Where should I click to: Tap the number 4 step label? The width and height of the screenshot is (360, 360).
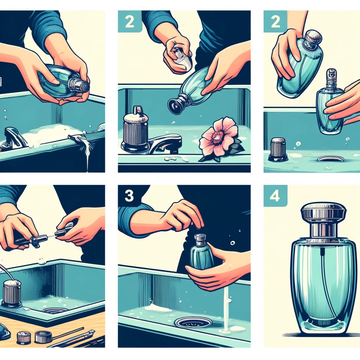tap(275, 196)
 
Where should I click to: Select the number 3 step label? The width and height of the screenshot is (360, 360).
tap(129, 196)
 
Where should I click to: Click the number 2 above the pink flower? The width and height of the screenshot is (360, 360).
tap(129, 21)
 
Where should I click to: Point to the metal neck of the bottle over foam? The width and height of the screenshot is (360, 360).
tap(78, 84)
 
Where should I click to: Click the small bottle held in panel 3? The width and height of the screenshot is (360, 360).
tap(201, 253)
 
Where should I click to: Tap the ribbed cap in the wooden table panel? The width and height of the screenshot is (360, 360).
tap(12, 293)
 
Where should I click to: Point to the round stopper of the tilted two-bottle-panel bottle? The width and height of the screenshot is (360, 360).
tap(313, 38)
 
